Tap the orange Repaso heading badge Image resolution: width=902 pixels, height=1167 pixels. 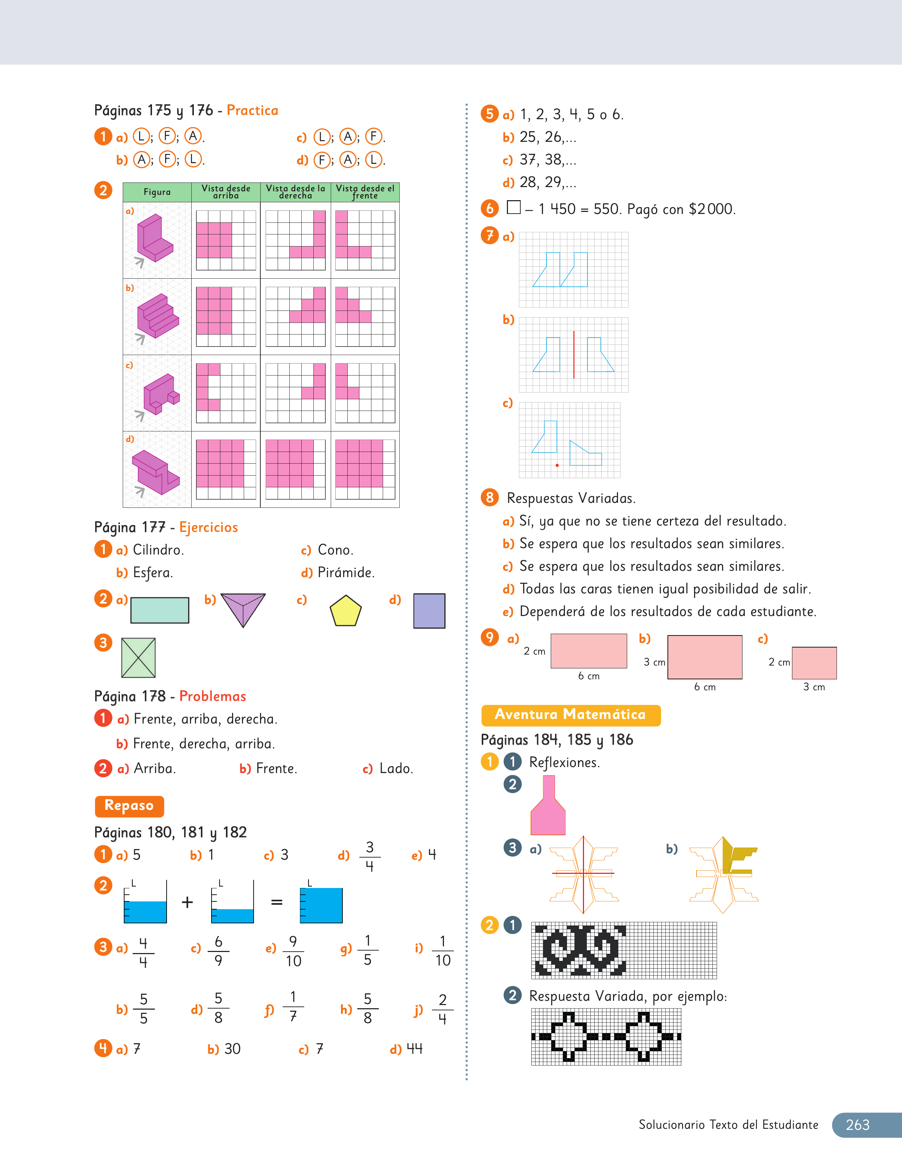129,806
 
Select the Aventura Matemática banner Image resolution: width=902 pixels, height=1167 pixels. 571,715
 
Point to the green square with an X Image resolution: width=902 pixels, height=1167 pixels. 138,658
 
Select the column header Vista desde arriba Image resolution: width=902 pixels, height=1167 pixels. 226,192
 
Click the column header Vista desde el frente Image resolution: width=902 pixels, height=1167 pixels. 365,192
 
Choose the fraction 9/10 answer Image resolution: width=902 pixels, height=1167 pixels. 293,951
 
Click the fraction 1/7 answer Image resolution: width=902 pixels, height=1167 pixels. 293,1007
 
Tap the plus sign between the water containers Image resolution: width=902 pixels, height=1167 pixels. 187,902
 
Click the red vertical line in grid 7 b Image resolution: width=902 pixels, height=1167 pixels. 574,354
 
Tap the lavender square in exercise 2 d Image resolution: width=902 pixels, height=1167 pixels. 429,611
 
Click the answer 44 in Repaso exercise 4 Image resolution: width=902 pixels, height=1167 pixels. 415,1049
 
